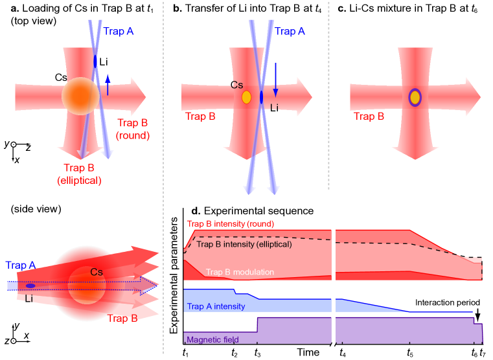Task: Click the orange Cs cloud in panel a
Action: click(x=80, y=96)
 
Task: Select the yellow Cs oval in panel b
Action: click(x=246, y=97)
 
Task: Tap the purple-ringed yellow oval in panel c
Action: click(x=415, y=98)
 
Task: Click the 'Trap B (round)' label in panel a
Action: click(x=133, y=129)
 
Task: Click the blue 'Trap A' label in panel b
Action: click(x=290, y=31)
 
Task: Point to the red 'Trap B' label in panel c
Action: click(x=369, y=117)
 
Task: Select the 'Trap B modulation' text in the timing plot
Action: click(x=240, y=272)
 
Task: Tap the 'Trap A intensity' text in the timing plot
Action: click(x=216, y=306)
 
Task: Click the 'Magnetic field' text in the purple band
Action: click(x=212, y=339)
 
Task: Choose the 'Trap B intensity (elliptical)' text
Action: click(x=244, y=244)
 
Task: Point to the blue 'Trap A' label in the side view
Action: click(x=20, y=265)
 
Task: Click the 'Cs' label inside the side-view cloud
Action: click(x=97, y=273)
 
